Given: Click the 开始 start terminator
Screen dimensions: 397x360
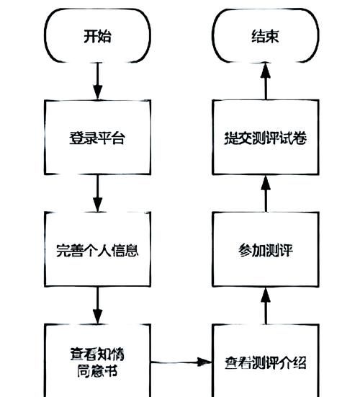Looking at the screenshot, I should (98, 37).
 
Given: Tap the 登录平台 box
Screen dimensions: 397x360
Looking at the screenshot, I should (98, 137).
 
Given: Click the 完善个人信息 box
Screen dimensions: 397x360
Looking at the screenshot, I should (98, 250).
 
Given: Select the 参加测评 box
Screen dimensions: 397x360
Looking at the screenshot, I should (264, 250).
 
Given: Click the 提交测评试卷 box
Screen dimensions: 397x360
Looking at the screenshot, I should (264, 137).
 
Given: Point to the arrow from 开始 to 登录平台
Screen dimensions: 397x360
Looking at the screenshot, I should (98, 81).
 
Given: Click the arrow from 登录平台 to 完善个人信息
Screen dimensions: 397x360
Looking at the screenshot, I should (98, 192).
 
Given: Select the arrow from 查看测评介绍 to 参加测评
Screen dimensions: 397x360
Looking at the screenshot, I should (264, 304).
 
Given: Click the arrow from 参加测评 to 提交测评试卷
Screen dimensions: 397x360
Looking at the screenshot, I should (264, 192).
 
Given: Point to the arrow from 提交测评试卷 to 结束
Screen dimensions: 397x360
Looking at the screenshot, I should (264, 81).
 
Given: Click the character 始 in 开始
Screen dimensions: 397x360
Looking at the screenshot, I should (106, 37).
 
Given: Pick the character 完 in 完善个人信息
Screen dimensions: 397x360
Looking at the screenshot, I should (63, 251).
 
